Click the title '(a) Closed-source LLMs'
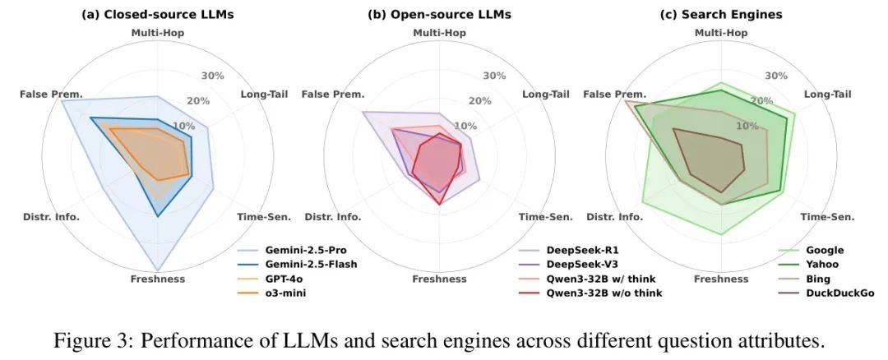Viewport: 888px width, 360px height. tap(156, 14)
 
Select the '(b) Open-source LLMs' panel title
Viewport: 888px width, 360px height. tap(438, 14)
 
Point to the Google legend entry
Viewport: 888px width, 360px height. tap(825, 250)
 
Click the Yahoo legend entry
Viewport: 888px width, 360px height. tap(823, 264)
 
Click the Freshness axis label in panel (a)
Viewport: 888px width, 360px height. tap(157, 279)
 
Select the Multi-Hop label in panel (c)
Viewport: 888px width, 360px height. tap(721, 33)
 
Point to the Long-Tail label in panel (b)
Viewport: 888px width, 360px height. tap(545, 94)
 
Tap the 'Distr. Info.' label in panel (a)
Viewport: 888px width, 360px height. tap(51, 217)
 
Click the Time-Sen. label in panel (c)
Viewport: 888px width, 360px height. tap(827, 217)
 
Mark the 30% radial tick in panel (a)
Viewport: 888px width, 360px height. tap(212, 76)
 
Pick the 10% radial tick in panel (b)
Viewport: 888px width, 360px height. tap(465, 127)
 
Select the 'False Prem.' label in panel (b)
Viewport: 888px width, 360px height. tap(332, 95)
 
